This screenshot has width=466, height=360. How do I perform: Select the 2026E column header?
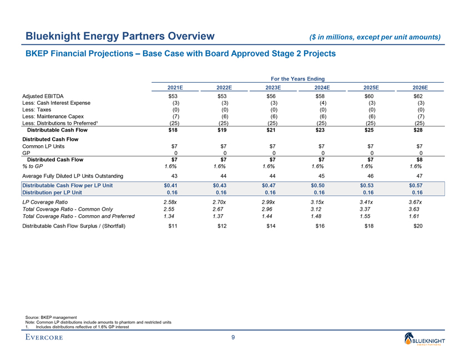pos(420,88)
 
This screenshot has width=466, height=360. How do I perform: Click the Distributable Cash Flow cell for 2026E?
pos(420,131)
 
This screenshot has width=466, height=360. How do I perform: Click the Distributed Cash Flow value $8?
pos(420,159)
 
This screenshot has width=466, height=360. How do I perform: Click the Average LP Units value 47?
pos(420,176)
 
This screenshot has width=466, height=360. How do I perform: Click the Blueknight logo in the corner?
pos(424,338)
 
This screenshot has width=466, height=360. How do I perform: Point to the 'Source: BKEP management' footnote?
pos(52,317)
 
